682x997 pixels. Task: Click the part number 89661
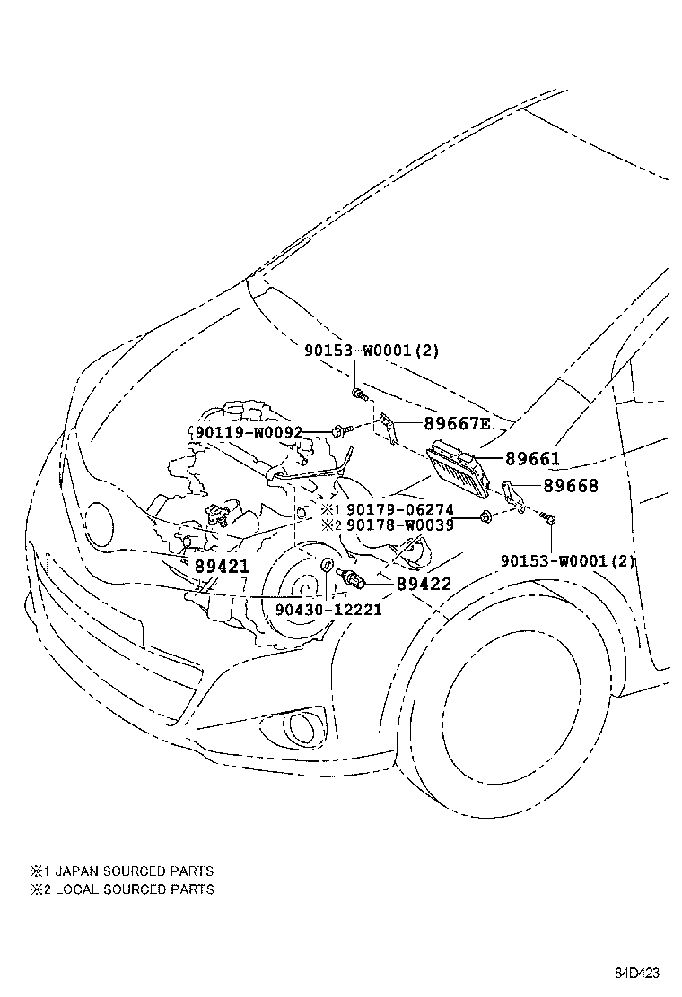(x=532, y=459)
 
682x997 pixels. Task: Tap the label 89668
(x=570, y=486)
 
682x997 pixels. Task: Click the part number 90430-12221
(x=328, y=609)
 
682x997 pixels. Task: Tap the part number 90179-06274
(x=399, y=509)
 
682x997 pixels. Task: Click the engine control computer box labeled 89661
(x=459, y=467)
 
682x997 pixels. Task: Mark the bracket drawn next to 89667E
(x=388, y=428)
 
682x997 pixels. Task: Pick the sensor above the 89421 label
(x=216, y=516)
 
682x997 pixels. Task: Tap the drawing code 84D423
(x=637, y=974)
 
